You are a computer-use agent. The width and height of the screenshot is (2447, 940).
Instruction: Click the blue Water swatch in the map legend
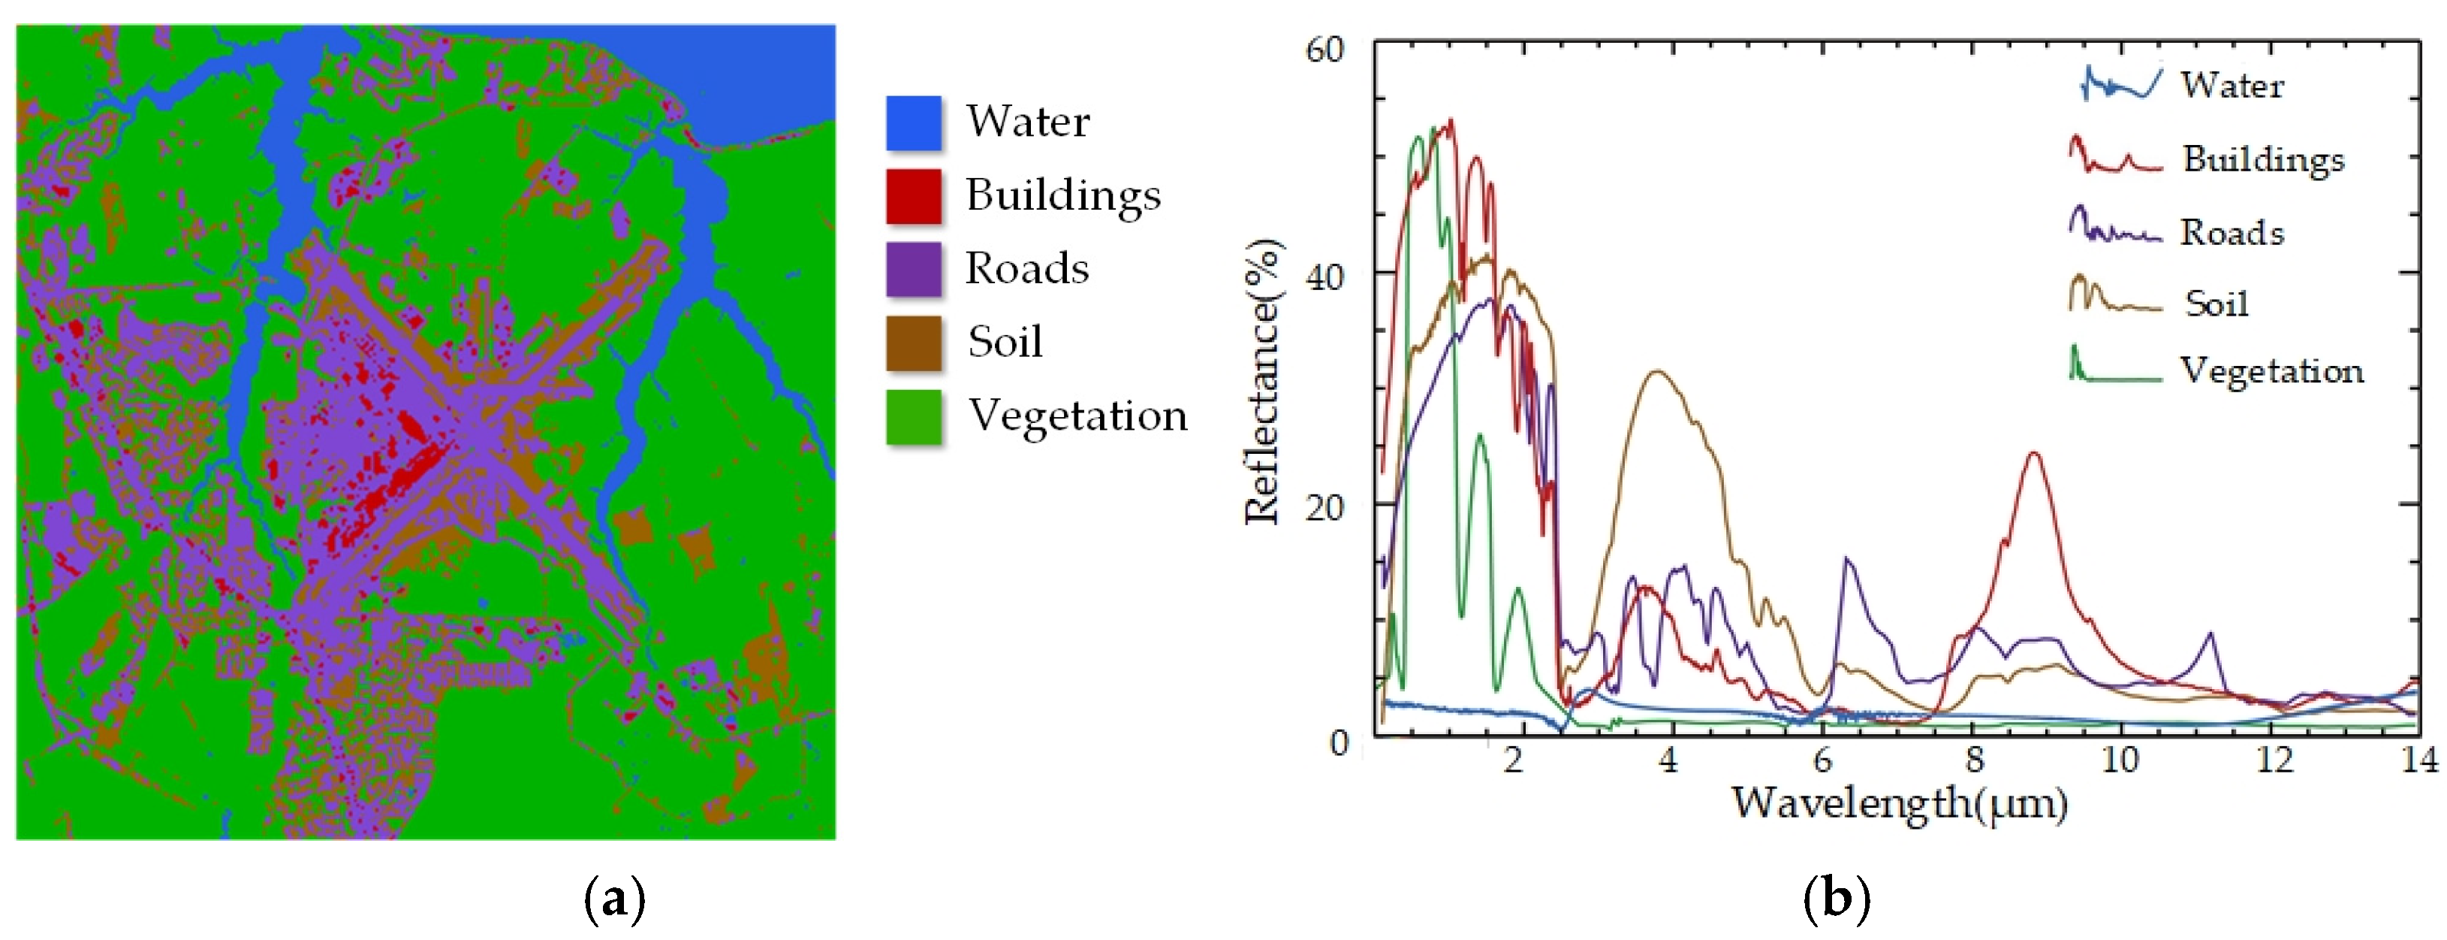pos(913,122)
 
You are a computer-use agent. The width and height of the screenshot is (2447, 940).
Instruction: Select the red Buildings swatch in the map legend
pos(913,196)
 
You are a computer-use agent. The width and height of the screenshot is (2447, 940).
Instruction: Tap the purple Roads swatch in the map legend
pos(913,269)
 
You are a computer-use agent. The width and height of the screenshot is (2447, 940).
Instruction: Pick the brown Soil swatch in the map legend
pos(913,342)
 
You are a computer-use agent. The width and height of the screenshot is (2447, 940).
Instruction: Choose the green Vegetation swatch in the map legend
pos(913,416)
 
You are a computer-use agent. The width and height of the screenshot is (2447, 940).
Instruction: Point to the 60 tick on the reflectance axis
pos(1324,50)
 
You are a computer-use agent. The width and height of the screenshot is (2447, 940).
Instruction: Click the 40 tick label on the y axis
pos(1324,277)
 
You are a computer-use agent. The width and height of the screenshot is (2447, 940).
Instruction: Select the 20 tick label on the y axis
pos(1324,507)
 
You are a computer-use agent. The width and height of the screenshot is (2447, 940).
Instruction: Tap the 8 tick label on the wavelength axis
pos(1975,760)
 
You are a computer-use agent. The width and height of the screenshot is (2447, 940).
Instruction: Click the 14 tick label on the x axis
pos(2419,760)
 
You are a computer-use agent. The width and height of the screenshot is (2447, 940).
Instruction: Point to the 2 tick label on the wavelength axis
pos(1513,760)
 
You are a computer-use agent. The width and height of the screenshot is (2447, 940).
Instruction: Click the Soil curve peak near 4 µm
pos(1658,372)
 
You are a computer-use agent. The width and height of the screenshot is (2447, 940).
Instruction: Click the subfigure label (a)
pos(615,898)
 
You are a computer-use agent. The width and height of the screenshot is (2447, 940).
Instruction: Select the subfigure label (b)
pos(1835,898)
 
